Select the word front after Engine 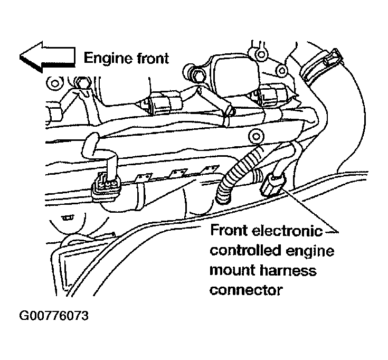pos(150,58)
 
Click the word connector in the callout pos(245,290)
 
